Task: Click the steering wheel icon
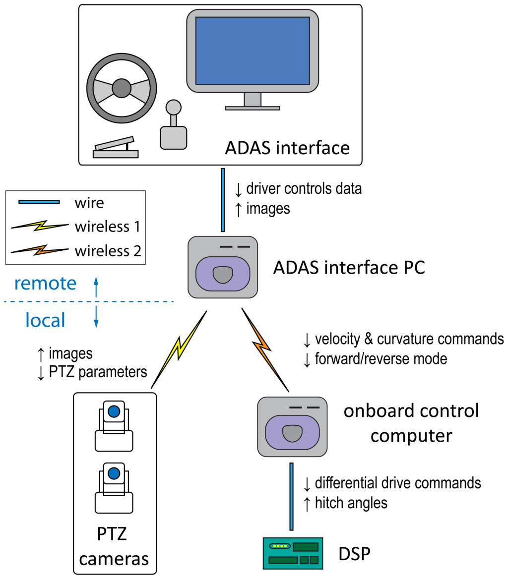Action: click(122, 88)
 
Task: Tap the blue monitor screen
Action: click(253, 51)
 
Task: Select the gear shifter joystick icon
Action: click(173, 125)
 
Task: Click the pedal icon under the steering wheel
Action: click(116, 148)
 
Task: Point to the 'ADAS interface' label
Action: click(287, 148)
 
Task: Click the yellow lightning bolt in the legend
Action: click(40, 226)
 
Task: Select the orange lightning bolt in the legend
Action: click(40, 250)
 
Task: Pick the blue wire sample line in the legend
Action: click(39, 202)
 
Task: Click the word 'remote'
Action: click(46, 284)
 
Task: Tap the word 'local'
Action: click(46, 320)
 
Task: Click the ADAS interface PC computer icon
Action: click(223, 267)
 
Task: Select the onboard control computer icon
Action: click(292, 427)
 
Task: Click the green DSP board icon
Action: click(293, 554)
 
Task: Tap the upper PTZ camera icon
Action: click(114, 426)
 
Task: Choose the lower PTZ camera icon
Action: click(114, 488)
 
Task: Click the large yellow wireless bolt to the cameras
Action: click(179, 349)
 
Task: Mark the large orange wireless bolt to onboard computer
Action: click(265, 349)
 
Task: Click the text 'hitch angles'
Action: click(351, 503)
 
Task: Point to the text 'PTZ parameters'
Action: click(98, 372)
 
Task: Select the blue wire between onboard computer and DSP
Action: click(292, 497)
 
